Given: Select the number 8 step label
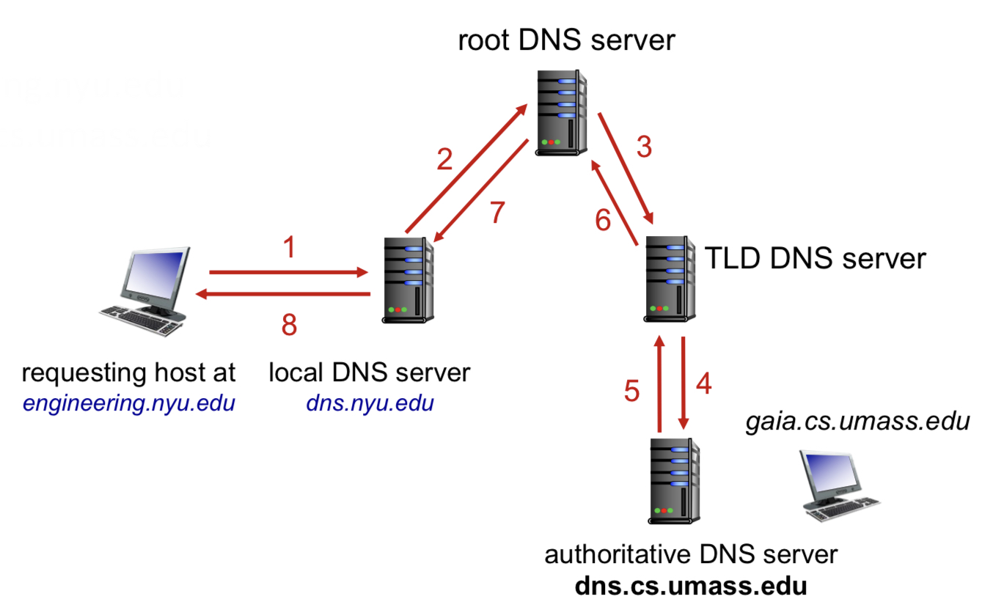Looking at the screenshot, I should point(290,324).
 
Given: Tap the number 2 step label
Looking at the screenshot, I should point(445,159).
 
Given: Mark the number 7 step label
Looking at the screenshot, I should point(497,213).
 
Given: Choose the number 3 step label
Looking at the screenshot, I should point(644,147).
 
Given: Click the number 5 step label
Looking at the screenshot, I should point(632,391).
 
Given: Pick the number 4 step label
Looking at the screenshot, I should point(703,383).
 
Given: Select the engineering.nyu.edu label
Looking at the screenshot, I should point(128,403).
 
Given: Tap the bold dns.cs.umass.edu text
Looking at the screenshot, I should point(691,587).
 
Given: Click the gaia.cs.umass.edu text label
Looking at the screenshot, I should point(858,422).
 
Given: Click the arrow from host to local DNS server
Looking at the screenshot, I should point(288,273).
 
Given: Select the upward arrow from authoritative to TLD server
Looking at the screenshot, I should point(659,385).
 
